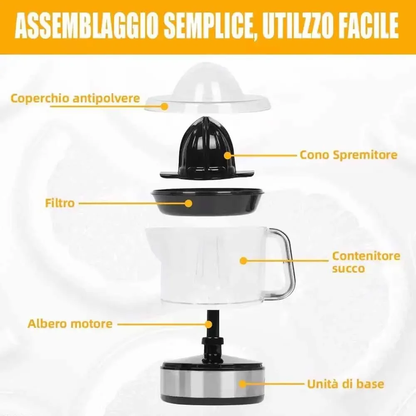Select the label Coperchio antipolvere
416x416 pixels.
click(75, 99)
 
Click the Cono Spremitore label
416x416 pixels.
click(348, 155)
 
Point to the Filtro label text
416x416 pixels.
click(59, 203)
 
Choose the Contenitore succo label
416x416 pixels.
click(366, 262)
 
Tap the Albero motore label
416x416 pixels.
click(70, 324)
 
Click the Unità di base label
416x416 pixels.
click(346, 384)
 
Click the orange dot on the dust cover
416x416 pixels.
click(165, 106)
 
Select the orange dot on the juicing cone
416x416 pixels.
click(228, 155)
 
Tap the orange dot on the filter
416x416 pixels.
click(188, 203)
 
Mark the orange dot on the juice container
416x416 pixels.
click(243, 261)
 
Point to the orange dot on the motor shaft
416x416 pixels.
click(209, 324)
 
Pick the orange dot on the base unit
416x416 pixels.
click(243, 384)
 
